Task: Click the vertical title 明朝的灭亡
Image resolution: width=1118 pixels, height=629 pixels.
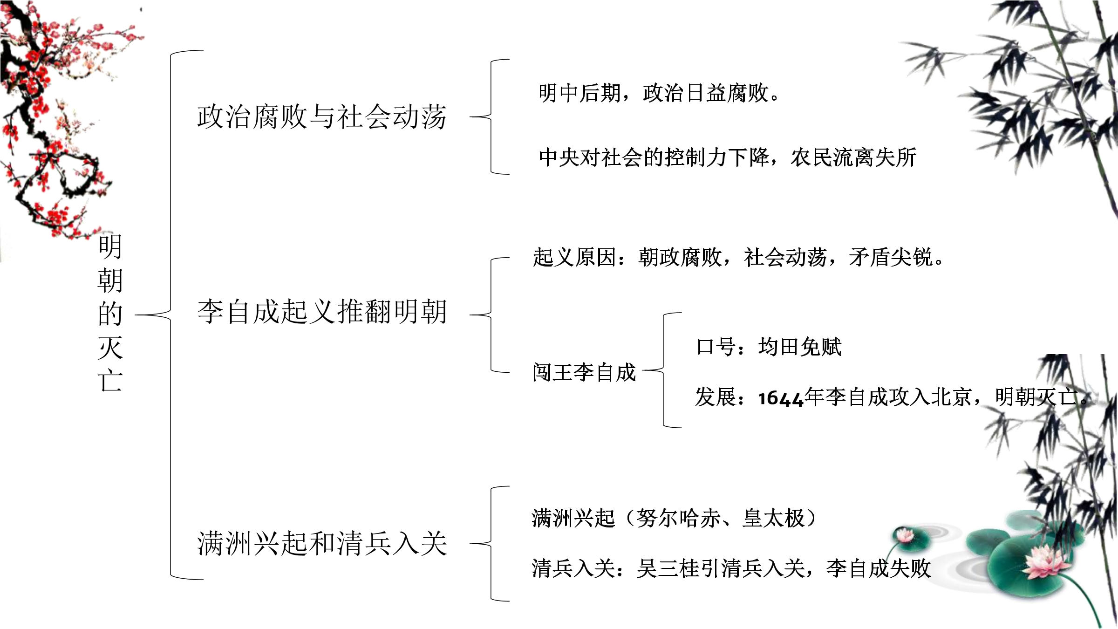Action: tap(110, 313)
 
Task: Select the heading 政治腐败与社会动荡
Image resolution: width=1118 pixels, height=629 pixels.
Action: tap(322, 116)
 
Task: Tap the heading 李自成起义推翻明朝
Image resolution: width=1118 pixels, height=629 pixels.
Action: tap(322, 311)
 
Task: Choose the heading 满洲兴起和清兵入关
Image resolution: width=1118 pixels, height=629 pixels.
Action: tap(322, 543)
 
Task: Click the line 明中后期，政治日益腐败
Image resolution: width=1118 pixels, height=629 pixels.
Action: tap(654, 93)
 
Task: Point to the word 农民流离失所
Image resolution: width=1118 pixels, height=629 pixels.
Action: tap(853, 157)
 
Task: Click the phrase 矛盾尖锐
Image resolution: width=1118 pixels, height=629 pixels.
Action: tap(891, 257)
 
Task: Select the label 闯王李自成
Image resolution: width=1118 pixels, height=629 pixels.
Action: tap(584, 372)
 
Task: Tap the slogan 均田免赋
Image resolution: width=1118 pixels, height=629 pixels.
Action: tap(799, 347)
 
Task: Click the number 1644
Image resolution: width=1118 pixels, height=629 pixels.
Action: tap(781, 398)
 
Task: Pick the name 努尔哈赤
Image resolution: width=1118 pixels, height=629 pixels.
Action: tap(678, 518)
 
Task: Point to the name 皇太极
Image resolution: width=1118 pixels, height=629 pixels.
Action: tap(773, 518)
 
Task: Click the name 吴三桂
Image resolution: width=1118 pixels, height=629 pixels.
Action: tap(668, 568)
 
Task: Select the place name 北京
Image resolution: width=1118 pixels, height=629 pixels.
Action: tap(951, 397)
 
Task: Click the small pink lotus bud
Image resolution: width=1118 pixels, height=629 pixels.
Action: tap(905, 535)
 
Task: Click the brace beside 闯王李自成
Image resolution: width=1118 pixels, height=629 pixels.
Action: tap(662, 370)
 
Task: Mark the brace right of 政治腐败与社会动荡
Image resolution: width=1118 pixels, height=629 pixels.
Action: tap(491, 117)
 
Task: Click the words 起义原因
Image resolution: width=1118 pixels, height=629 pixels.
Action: tap(574, 257)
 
